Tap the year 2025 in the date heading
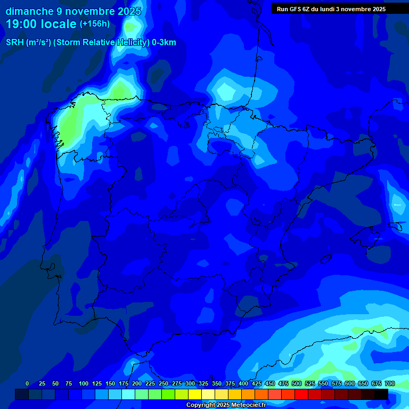click(x=129, y=11)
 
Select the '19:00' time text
click(x=21, y=24)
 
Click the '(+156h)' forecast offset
click(x=95, y=24)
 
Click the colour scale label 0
click(x=27, y=383)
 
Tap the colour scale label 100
click(x=84, y=383)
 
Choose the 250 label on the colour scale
click(x=163, y=383)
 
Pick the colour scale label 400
click(x=243, y=383)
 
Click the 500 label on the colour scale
click(x=297, y=383)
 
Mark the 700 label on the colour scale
click(x=390, y=383)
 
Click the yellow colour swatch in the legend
click(x=195, y=394)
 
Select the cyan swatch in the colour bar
click(x=128, y=394)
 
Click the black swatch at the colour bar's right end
click(x=381, y=394)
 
